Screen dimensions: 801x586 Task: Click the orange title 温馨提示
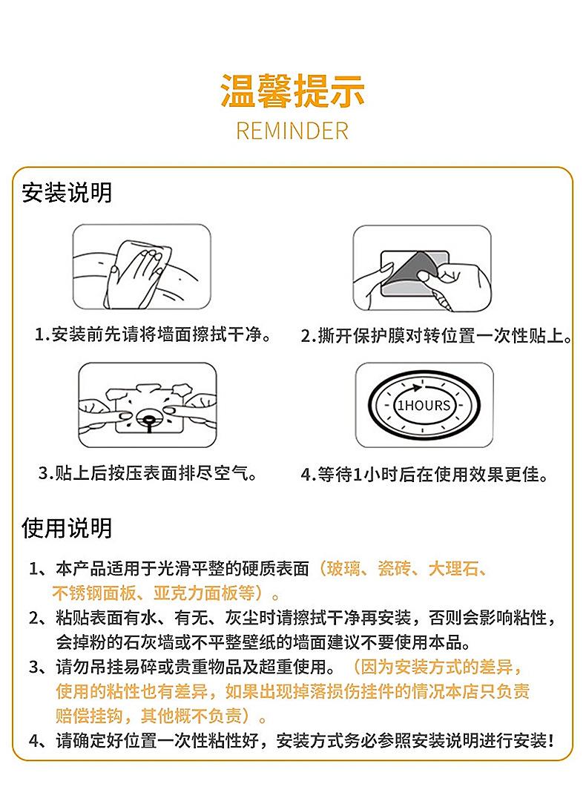pos(292,90)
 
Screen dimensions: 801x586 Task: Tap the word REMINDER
pos(292,131)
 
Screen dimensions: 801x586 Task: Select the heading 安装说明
pos(67,193)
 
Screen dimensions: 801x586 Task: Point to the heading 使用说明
pos(67,528)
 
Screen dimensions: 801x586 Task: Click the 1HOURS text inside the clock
pos(423,406)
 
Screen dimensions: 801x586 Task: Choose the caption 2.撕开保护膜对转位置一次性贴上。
pos(437,336)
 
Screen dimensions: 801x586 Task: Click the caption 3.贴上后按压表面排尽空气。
pos(148,472)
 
